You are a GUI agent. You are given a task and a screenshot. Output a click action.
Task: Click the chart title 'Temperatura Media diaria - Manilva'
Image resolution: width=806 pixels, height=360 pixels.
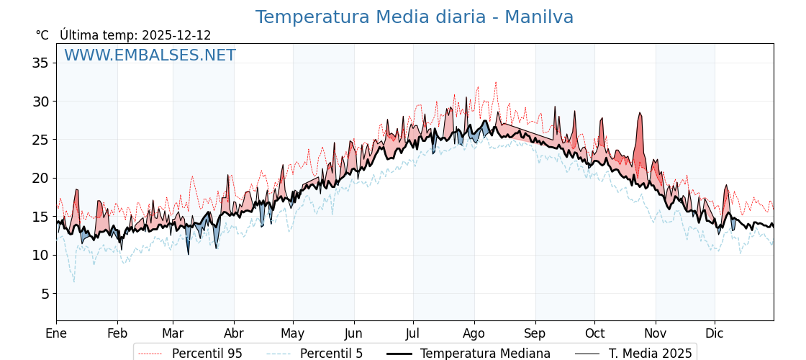pos(414,17)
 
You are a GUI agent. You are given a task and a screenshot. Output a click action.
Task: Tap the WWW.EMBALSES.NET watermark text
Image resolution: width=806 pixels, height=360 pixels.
pos(150,55)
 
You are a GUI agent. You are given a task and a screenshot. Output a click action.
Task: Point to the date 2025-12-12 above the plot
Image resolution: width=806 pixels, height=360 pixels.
pos(176,35)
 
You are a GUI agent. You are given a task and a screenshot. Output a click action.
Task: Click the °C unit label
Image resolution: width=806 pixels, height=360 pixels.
pos(42,35)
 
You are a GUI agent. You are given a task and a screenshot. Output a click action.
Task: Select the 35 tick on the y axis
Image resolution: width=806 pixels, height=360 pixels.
pos(40,63)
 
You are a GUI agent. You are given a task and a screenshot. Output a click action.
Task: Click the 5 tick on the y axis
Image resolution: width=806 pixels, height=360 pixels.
pos(44,294)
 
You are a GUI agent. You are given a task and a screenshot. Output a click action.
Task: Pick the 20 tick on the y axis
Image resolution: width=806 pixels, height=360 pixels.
pos(40,178)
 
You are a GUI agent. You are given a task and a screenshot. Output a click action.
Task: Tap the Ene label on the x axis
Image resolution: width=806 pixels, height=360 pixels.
pos(56,333)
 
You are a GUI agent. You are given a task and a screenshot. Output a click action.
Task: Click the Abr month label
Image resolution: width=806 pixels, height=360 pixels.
pos(234,333)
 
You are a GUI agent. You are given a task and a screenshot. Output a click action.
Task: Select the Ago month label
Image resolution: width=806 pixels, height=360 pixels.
pos(474,333)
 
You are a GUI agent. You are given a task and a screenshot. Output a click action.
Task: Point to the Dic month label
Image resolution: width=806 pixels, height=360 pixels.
pos(715,333)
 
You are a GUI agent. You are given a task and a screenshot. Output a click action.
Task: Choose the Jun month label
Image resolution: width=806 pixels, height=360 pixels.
pos(353,333)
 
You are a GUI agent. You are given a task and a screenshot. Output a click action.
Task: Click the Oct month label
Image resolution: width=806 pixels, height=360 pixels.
pos(594,333)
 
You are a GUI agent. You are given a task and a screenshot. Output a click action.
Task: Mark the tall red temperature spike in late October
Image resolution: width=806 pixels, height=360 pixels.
pos(639,114)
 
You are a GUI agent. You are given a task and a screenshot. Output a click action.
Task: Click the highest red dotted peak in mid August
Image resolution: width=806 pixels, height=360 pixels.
pos(495,83)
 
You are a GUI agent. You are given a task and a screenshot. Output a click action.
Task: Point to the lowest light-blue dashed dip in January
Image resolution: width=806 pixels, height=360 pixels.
pos(73,281)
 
